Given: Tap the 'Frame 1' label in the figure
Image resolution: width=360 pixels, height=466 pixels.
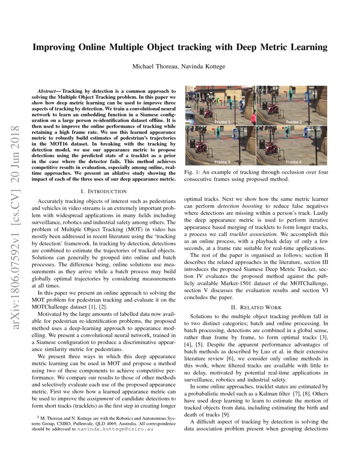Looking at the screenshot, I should [222, 122].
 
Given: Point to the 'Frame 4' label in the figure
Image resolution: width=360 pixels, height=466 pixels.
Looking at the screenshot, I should [294, 162].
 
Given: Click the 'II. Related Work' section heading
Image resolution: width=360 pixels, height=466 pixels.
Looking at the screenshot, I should [255, 307].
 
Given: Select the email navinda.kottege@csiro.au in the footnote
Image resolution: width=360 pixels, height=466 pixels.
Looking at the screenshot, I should [116, 428].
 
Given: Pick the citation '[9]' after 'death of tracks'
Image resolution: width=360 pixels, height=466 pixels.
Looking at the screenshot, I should [226, 414].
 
